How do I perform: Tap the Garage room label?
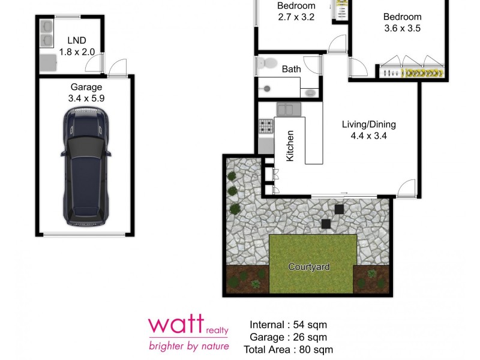(86, 87)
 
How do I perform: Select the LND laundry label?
(77, 40)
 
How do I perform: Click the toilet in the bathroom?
(270, 62)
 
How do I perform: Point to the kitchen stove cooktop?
(265, 127)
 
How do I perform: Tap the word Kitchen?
(290, 145)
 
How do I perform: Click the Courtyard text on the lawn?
(309, 267)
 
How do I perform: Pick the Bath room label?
(292, 69)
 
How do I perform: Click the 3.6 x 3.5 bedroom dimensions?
(403, 28)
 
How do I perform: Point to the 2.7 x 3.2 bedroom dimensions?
(296, 17)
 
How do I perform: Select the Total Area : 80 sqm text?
(288, 349)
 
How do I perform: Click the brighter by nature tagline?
(189, 346)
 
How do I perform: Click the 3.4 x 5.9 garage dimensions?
(86, 98)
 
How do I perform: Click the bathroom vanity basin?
(310, 93)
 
